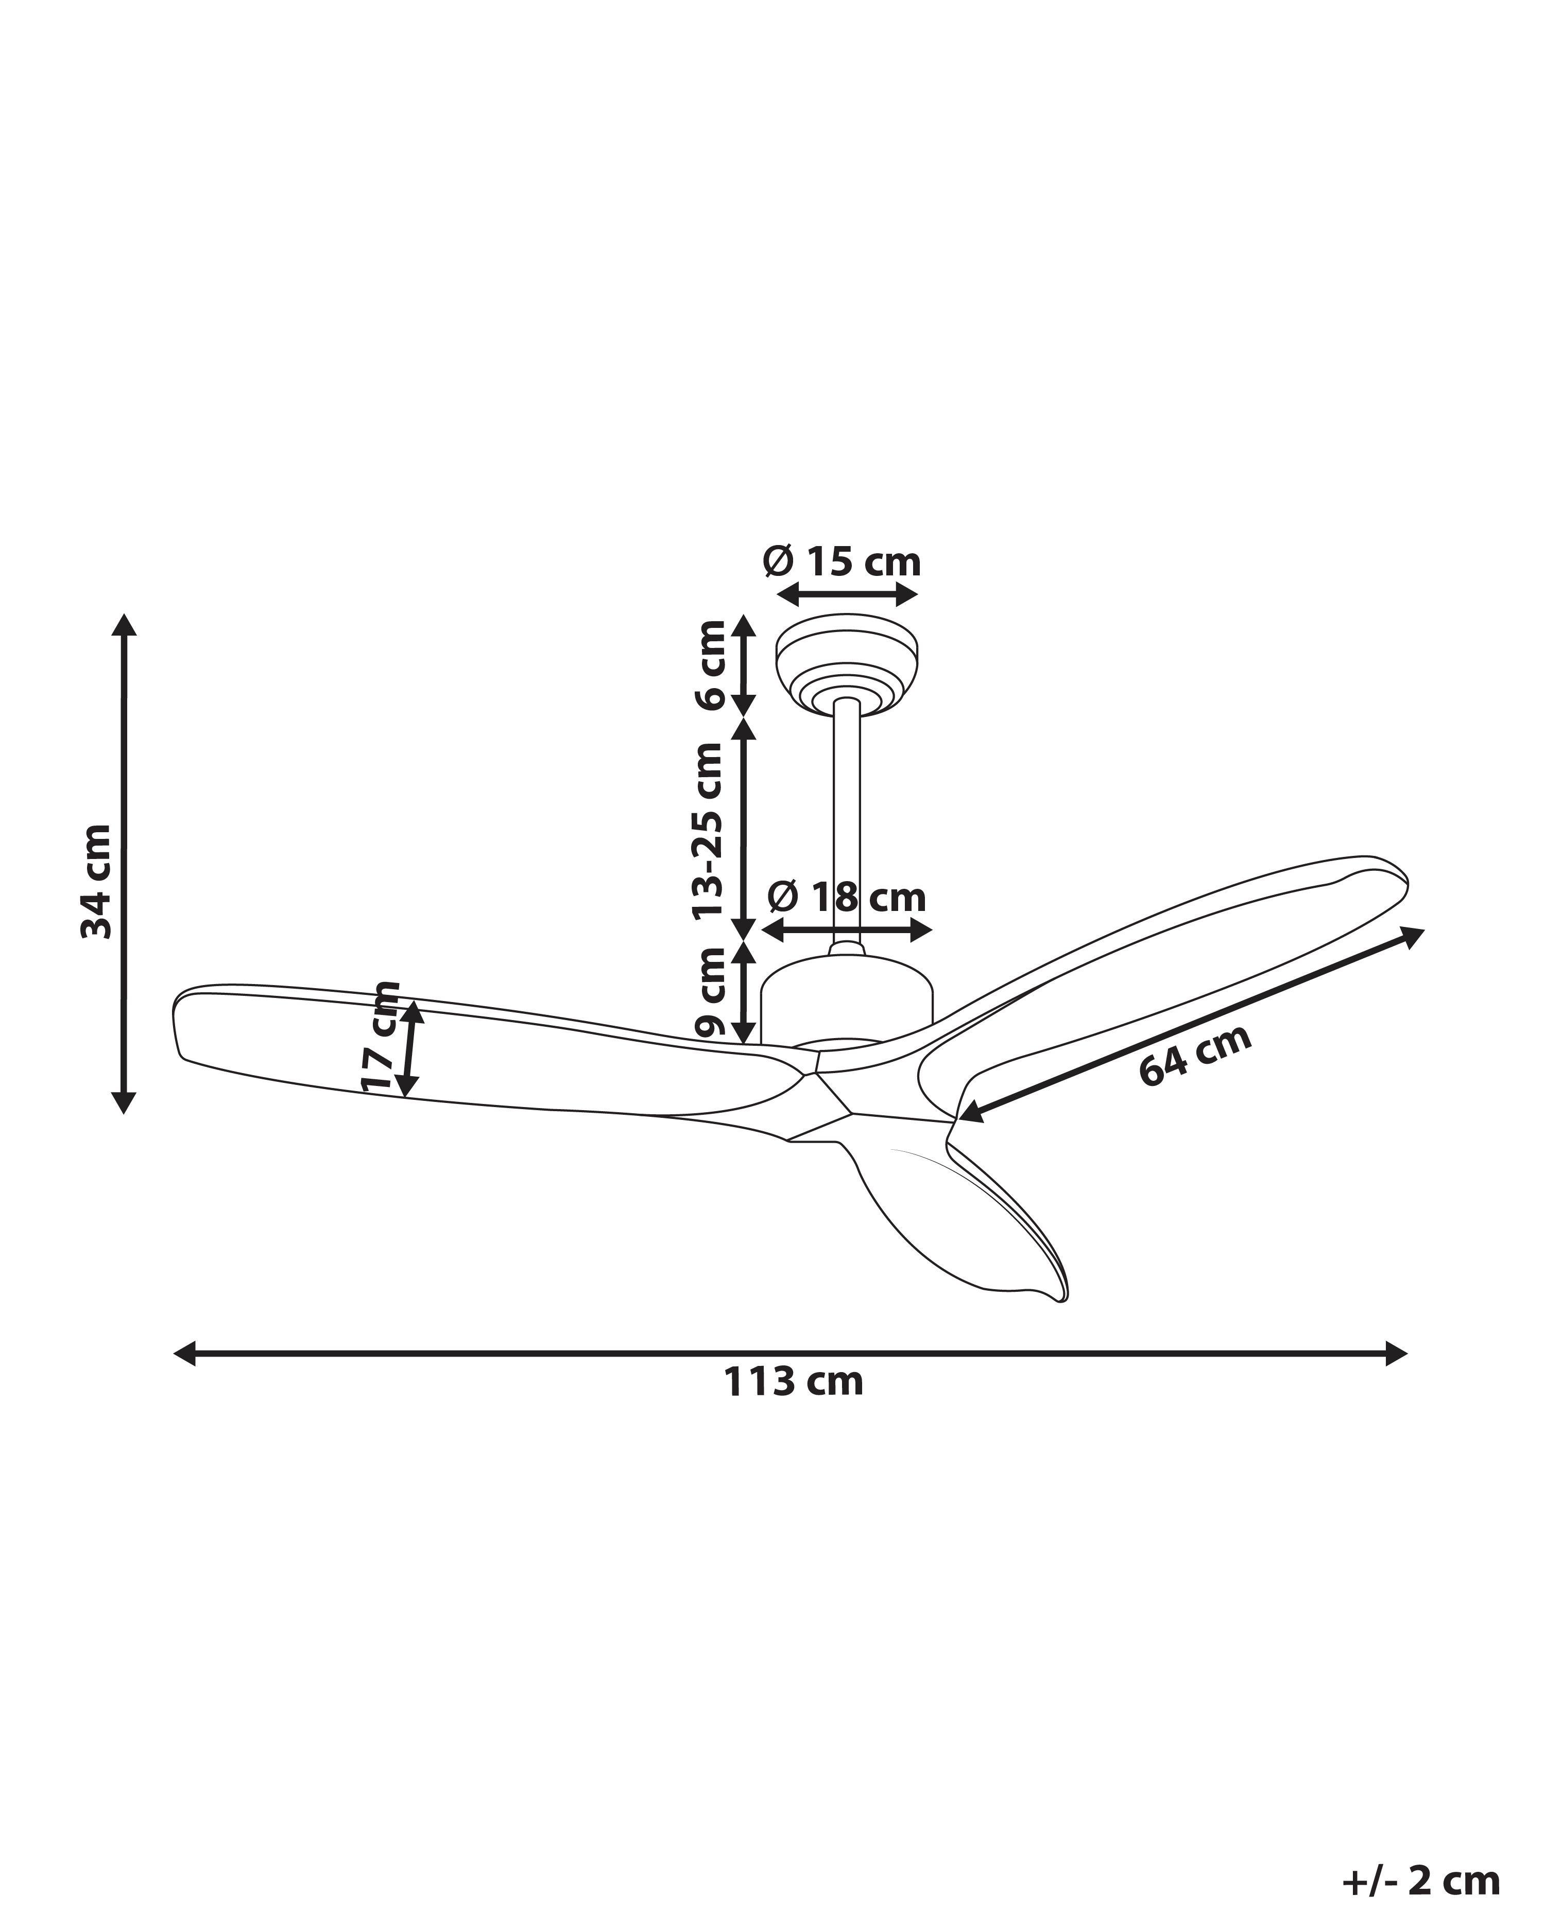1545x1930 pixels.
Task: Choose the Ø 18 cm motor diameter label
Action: coord(846,898)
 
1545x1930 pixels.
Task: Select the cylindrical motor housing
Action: coord(846,998)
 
